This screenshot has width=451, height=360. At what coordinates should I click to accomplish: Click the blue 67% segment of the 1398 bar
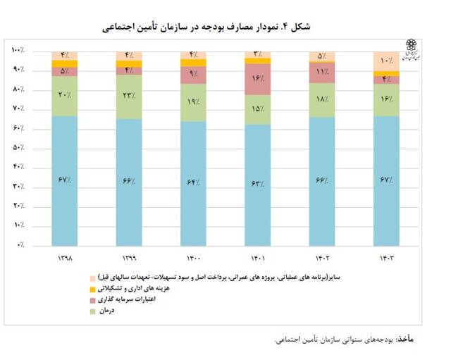64,180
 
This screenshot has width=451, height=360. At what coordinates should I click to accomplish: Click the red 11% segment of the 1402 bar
321,73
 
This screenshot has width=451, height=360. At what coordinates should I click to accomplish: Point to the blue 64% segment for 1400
193,182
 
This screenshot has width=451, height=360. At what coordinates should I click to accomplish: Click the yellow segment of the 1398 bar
64,63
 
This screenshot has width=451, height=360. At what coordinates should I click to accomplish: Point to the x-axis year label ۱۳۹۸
64,258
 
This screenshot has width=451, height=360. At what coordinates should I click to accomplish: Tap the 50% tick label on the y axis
18,148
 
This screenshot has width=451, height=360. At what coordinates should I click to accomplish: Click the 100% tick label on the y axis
18,51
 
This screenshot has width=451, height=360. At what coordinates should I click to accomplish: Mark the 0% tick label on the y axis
19,244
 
